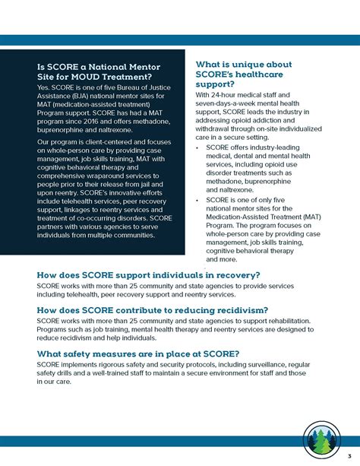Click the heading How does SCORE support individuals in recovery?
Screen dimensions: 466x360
point(148,274)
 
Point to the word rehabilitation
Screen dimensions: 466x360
point(283,322)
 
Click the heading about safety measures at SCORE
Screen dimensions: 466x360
point(138,354)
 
